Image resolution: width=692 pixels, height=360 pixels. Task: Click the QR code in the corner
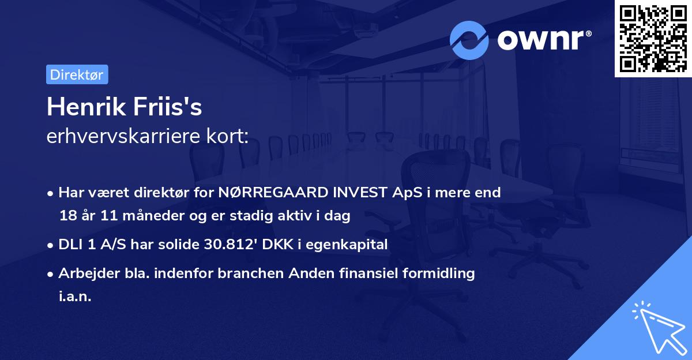[x=653, y=38]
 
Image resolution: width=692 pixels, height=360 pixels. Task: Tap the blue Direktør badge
[x=77, y=74]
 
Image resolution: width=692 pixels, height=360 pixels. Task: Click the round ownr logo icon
[x=469, y=40]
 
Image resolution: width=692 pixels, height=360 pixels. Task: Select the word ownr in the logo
[x=544, y=40]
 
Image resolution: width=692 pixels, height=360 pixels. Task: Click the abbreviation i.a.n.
[x=75, y=297]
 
